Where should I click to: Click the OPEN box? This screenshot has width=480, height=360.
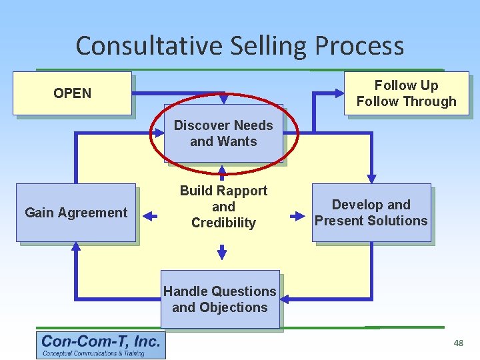73,93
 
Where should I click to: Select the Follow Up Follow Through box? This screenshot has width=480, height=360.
406,93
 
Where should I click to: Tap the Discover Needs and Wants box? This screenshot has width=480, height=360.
223,133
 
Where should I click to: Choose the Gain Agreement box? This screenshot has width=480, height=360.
75,213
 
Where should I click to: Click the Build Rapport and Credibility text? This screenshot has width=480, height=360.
223,207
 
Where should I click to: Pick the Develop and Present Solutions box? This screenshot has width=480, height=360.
371,213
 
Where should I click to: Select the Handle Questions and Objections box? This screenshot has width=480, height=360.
219,299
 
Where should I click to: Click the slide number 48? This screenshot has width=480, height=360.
458,343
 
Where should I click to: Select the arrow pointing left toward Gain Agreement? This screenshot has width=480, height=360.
150,216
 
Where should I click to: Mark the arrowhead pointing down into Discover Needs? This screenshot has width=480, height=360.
223,99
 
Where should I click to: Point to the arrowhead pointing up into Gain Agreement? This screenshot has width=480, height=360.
76,247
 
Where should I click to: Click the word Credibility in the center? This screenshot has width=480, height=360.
223,223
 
